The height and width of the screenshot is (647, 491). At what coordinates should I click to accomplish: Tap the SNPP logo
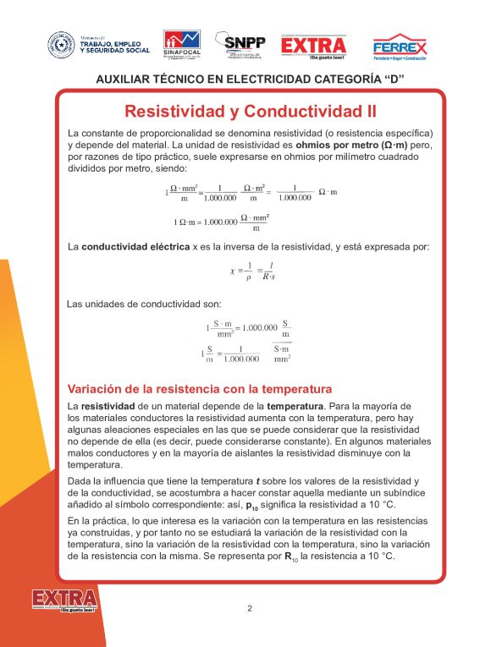pos(241,44)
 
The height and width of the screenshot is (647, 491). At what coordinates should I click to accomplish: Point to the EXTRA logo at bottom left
pos(64,601)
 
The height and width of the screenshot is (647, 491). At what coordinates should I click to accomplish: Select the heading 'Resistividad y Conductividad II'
pos(250,111)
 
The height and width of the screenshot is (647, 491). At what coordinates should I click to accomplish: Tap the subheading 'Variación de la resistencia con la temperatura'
pos(199,389)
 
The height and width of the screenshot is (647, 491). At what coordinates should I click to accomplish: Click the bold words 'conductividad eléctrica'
pos(135,247)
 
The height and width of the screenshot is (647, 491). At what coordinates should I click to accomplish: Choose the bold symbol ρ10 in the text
pos(252,506)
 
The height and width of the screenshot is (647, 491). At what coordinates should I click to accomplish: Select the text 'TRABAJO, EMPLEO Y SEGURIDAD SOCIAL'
pos(115,47)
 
